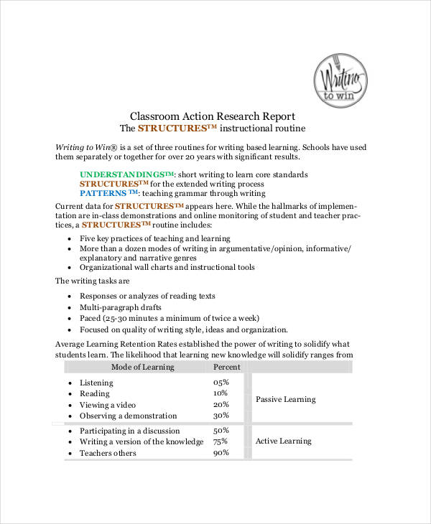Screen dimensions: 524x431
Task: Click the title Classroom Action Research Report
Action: (212, 116)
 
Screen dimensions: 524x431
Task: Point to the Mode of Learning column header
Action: (142, 367)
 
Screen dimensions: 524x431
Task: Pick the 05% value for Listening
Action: (221, 383)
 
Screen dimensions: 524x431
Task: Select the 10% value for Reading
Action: (221, 393)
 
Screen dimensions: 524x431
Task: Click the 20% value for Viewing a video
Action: (221, 405)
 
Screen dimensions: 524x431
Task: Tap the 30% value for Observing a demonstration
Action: (221, 416)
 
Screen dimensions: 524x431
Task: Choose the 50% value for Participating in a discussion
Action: (221, 431)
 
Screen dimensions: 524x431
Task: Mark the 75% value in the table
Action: (221, 441)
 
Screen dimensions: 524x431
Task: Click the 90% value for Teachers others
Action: (221, 453)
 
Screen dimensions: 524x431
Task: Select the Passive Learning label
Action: (285, 399)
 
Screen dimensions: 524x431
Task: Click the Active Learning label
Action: (283, 441)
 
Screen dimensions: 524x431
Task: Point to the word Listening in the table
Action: (96, 383)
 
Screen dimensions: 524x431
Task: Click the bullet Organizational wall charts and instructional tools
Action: (167, 268)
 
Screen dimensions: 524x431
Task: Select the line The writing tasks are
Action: (92, 281)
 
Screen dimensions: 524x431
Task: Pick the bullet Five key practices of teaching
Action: (154, 238)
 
